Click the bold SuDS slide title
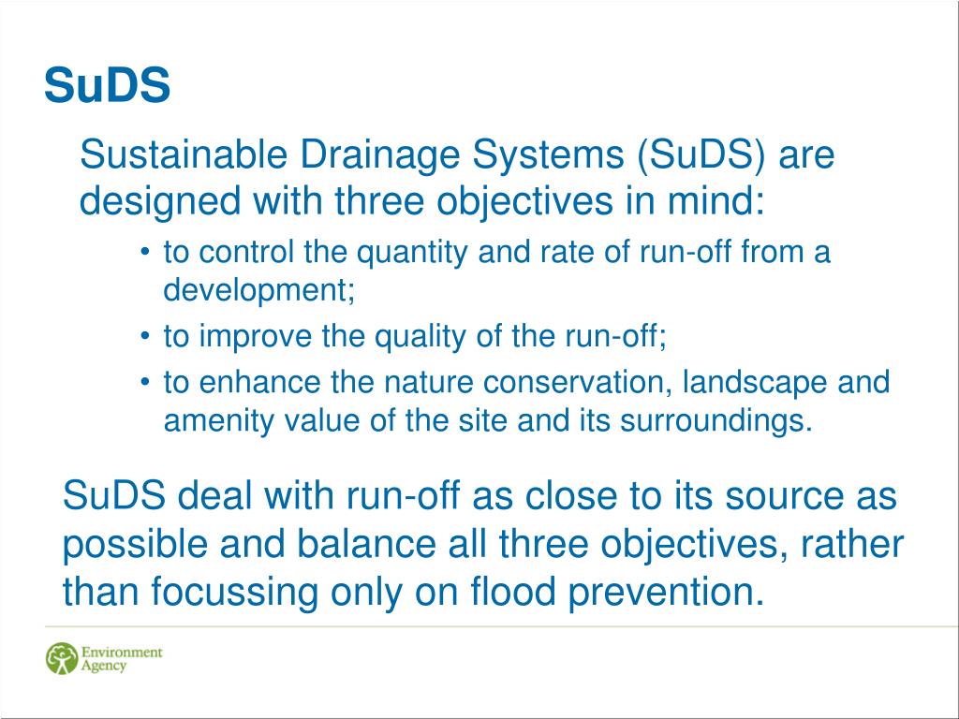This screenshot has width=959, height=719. click(107, 84)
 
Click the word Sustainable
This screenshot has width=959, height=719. click(184, 154)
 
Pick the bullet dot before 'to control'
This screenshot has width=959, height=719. click(144, 253)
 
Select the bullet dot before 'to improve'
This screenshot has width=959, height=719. click(144, 336)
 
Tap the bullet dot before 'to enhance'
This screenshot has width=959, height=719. click(144, 383)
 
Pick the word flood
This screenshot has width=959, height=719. click(513, 592)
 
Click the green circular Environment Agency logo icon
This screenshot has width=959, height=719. click(62, 658)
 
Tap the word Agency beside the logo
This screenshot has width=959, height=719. click(103, 667)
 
